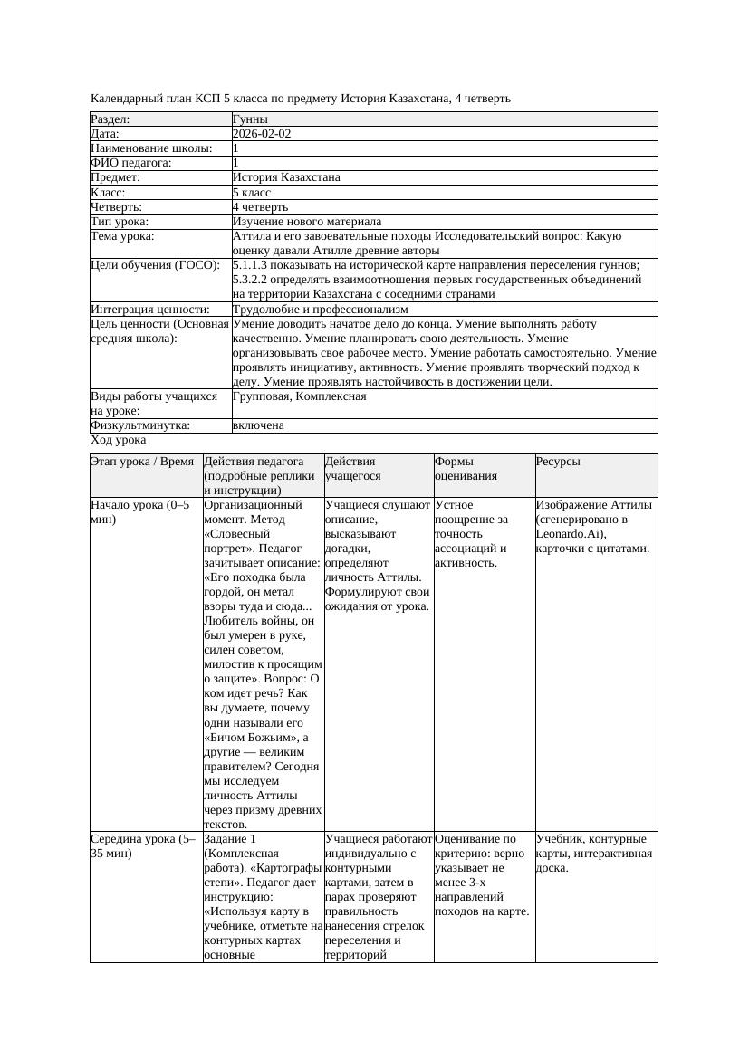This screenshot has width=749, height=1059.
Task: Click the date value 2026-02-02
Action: (261, 134)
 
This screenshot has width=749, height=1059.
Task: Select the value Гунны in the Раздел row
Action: (250, 119)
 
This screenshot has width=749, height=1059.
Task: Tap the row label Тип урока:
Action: (120, 222)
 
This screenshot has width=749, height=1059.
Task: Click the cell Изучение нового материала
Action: (306, 222)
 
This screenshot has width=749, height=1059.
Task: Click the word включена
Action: (258, 425)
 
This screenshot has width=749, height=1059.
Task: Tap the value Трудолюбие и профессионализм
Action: (320, 310)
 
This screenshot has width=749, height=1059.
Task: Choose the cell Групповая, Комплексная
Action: (299, 396)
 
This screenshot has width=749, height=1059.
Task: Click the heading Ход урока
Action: (119, 440)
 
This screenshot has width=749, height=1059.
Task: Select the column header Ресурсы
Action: (558, 462)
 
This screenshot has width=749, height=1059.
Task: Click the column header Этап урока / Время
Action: (142, 462)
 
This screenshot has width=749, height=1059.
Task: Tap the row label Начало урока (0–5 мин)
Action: (140, 512)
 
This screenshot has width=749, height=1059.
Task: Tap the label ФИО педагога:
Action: (132, 163)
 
